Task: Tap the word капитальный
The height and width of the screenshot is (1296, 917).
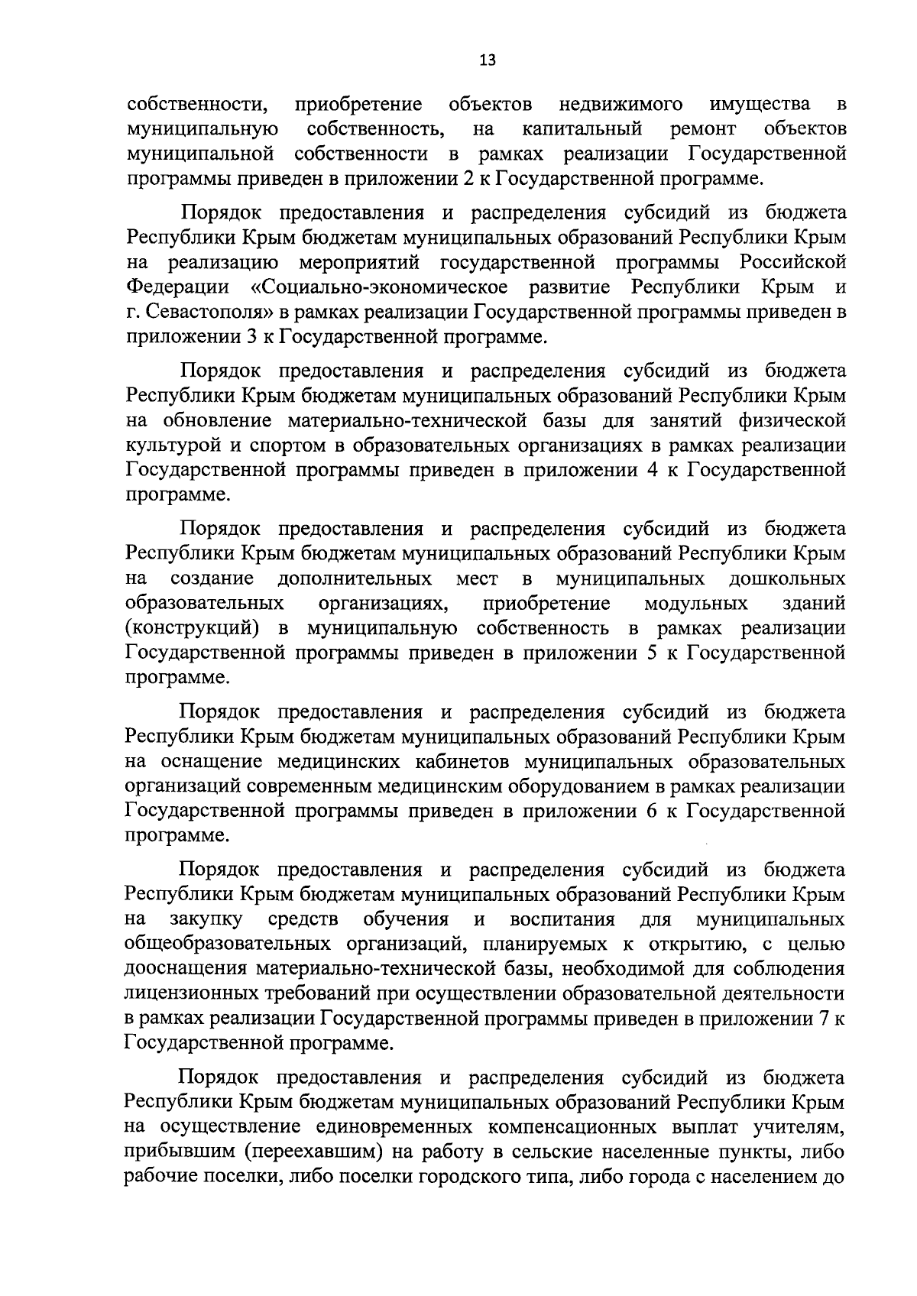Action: coord(582,128)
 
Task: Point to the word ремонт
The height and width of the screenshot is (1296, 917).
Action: coord(703,128)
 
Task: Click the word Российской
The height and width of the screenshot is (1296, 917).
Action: coord(793,263)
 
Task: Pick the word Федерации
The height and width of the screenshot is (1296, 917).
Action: coord(177,287)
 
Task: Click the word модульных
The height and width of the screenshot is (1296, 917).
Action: coord(696,604)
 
